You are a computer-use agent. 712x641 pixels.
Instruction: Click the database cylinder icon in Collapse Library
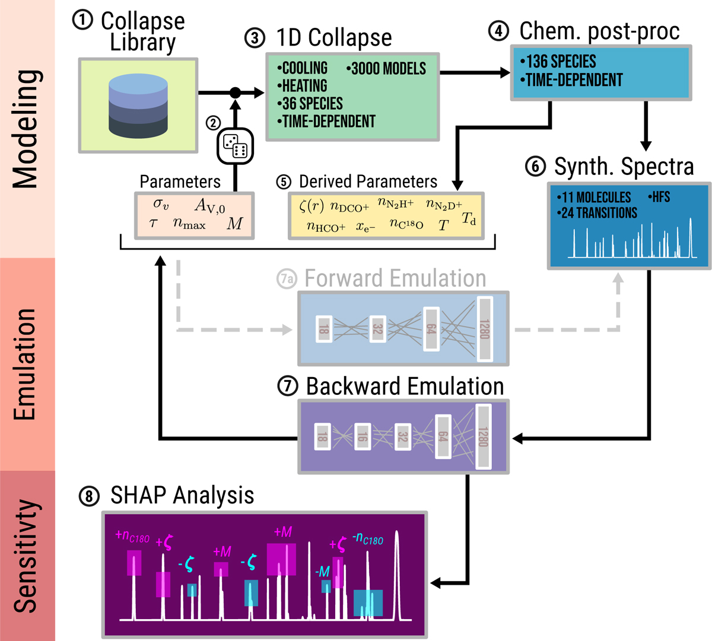[138, 106]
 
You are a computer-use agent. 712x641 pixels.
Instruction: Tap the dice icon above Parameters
[236, 145]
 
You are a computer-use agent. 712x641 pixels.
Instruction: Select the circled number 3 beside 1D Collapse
[255, 38]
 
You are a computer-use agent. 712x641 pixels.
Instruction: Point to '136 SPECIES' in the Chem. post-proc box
[560, 62]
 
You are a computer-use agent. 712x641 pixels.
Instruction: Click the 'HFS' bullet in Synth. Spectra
[660, 197]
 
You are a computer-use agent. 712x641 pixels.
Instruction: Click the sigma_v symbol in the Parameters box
[161, 204]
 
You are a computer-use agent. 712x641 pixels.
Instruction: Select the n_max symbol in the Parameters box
[189, 224]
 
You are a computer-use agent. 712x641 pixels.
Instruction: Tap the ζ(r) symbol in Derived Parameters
[311, 206]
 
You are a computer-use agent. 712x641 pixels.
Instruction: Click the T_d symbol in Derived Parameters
[469, 219]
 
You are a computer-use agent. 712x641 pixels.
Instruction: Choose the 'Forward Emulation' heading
[395, 279]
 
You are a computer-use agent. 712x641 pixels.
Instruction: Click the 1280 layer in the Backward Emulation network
[484, 436]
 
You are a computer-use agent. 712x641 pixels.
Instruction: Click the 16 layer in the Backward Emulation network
[362, 436]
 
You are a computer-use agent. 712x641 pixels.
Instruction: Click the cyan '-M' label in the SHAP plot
[322, 572]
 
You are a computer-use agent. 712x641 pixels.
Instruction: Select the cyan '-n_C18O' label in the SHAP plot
[367, 539]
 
